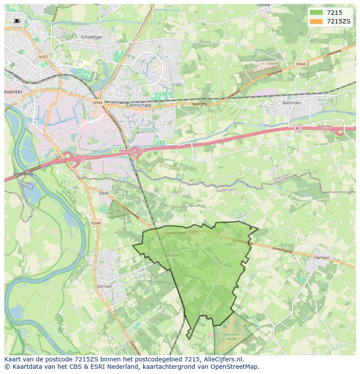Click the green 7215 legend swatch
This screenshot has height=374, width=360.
tap(316, 13)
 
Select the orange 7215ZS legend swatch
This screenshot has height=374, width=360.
tap(316, 21)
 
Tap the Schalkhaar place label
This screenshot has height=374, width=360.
tap(91, 37)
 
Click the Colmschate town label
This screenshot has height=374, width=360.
tap(138, 105)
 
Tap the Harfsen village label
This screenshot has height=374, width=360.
tap(321, 258)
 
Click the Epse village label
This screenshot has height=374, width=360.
tap(103, 193)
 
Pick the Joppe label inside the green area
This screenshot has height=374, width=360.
tap(172, 255)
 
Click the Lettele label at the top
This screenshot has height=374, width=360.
tap(263, 5)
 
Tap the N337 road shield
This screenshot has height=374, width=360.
tap(43, 57)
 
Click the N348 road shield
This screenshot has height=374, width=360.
tap(96, 223)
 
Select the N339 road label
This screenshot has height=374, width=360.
tap(193, 232)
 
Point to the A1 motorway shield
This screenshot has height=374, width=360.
tap(298, 128)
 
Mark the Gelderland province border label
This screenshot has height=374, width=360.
tap(226, 190)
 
